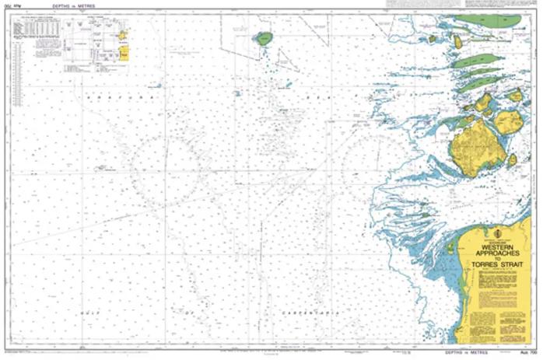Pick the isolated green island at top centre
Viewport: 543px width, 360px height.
(264, 38)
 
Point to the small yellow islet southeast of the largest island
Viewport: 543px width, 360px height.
(512, 160)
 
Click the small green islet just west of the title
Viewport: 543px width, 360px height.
(450, 248)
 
